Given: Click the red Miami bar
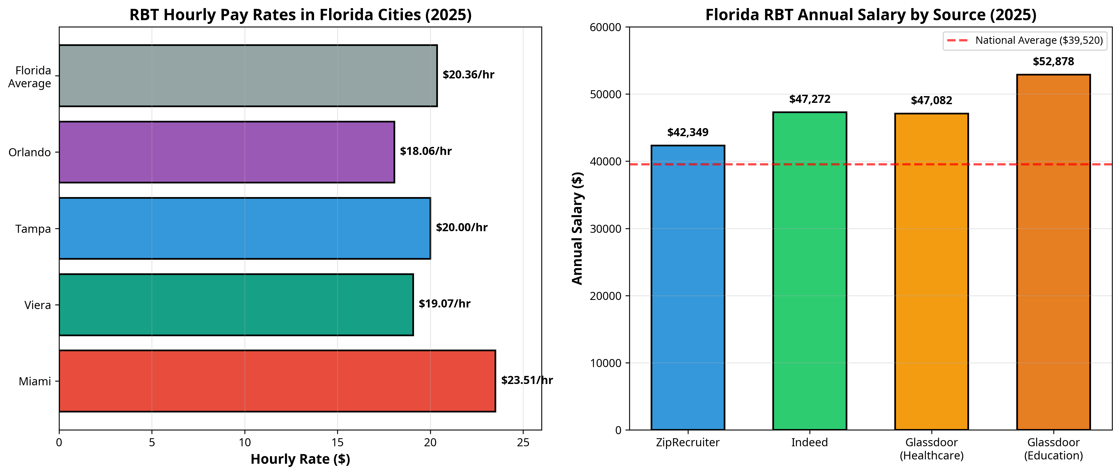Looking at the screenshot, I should (x=277, y=381).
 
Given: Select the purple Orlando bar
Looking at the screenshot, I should (x=226, y=152).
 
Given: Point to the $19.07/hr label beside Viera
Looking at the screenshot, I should (x=444, y=304).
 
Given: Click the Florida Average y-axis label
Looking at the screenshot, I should (x=30, y=77).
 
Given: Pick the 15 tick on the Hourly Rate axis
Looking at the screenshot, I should (x=337, y=443).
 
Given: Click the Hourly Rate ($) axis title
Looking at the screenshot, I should (x=300, y=459).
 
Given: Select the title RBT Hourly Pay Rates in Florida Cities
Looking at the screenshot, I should (x=300, y=15).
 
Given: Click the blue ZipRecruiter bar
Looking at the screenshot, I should (x=687, y=287).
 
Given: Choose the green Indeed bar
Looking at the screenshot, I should (x=809, y=271).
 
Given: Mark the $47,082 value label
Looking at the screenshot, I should (x=931, y=101).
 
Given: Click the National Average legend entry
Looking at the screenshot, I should (x=1025, y=41).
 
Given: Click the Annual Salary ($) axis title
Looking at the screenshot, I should (x=577, y=229).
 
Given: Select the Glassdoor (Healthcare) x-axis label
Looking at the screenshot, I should (x=931, y=449).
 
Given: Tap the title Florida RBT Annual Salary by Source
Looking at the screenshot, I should (x=870, y=15).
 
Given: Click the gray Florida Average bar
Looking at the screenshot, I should (x=248, y=76).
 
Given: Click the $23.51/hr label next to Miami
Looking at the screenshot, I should (x=527, y=380).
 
